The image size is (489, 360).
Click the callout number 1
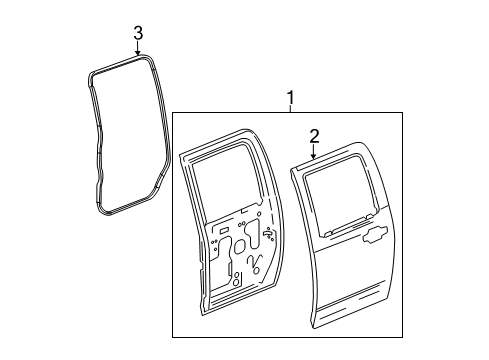(291, 98)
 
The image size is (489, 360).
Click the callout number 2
(314, 136)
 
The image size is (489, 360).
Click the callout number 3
(138, 33)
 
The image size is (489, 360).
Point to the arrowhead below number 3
(138, 52)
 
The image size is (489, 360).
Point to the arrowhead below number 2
(314, 156)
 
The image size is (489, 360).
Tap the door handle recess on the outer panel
(375, 234)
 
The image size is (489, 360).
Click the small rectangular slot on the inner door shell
(224, 230)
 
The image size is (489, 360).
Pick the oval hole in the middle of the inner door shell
(240, 246)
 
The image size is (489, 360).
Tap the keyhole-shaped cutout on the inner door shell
(252, 233)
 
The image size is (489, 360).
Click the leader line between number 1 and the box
(291, 109)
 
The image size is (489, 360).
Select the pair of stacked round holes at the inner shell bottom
(236, 279)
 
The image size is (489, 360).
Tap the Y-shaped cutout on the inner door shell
(255, 263)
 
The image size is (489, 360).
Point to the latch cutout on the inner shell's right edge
(269, 234)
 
